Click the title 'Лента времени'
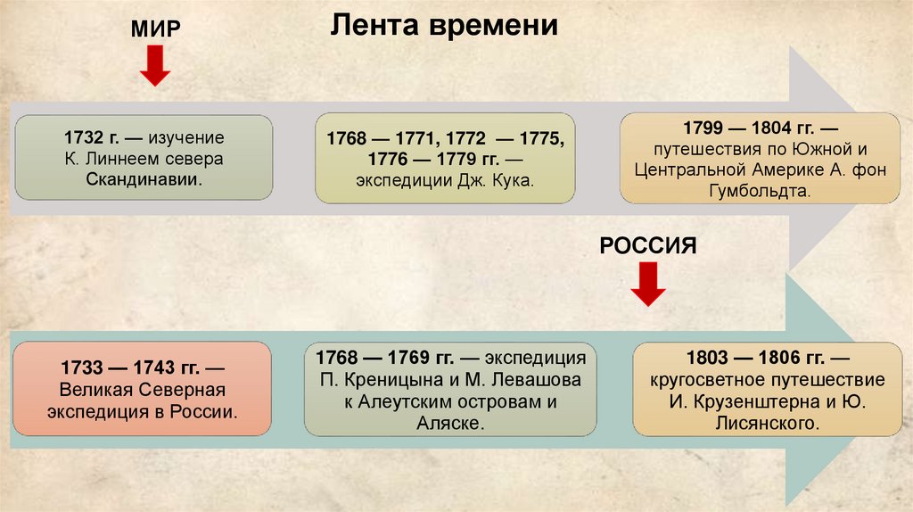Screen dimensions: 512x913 pyautogui.click(x=444, y=26)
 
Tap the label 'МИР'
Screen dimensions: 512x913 pyautogui.click(x=156, y=28)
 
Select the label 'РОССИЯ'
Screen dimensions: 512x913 pyautogui.click(x=647, y=245)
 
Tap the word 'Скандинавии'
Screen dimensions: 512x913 pyautogui.click(x=144, y=179)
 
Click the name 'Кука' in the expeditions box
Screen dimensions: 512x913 pyautogui.click(x=514, y=181)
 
